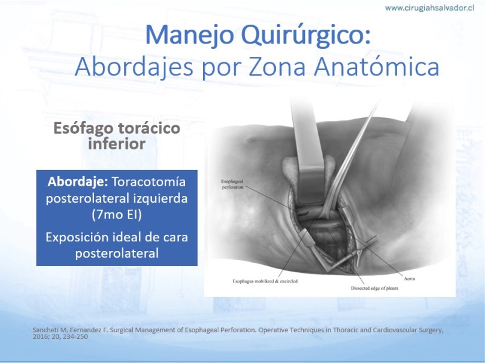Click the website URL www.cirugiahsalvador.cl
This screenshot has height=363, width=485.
pos(429,8)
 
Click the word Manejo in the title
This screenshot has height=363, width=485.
pos(189,35)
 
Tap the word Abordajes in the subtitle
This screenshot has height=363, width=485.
pos(133,67)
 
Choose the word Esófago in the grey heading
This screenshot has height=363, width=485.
pos(84,128)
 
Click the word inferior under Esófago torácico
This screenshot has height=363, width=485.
pos(116,144)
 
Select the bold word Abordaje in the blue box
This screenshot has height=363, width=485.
pos(78,182)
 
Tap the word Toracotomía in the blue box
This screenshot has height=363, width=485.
pos(149,182)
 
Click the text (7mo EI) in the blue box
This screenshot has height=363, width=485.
pos(116,215)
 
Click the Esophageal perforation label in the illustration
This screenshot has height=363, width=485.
pos(232,185)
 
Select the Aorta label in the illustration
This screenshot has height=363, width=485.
pos(409,278)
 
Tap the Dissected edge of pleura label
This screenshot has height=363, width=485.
pos(374,289)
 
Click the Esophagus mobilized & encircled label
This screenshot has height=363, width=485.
pos(265,281)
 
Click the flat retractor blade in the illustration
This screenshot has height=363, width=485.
pos(308,154)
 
